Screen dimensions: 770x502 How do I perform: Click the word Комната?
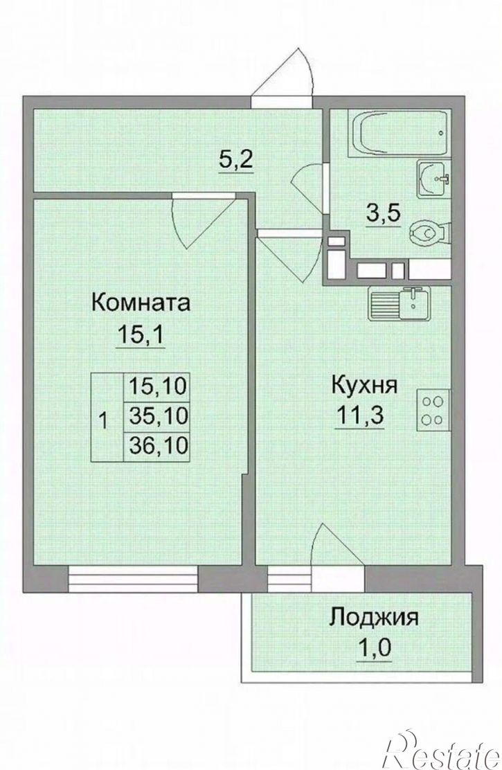click(x=141, y=303)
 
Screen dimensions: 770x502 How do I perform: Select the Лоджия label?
click(x=373, y=616)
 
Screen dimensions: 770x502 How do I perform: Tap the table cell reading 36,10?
click(x=159, y=444)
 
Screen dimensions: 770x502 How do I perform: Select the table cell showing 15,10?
click(x=159, y=386)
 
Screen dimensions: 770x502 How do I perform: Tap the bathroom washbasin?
click(x=433, y=179)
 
